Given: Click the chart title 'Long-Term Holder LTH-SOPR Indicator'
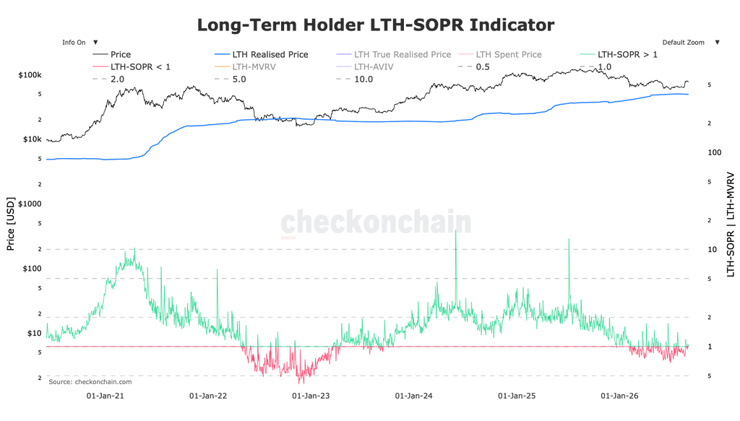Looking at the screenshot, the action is click(376, 25).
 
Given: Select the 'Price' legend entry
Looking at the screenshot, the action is click(112, 55).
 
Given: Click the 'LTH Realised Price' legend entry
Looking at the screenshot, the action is click(262, 55).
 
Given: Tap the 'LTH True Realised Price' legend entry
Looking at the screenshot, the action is click(394, 55).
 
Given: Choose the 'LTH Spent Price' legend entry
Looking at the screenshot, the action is click(500, 55).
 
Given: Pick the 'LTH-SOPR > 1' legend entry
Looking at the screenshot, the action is click(619, 55).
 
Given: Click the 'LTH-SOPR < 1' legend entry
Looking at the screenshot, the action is click(132, 67).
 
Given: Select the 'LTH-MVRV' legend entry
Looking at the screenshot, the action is click(246, 67).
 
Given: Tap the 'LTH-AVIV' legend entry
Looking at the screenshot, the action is click(365, 67).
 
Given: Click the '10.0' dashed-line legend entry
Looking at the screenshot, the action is click(354, 79).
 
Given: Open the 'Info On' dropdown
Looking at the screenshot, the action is click(79, 43).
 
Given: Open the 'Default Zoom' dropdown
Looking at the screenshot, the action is click(691, 43).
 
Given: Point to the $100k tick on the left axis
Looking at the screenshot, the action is click(30, 75).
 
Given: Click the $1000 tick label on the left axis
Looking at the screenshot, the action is click(29, 204).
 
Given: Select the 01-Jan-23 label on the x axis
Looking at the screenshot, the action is click(311, 396).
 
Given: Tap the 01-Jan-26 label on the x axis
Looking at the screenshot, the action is click(619, 396).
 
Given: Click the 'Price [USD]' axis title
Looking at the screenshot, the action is click(10, 224).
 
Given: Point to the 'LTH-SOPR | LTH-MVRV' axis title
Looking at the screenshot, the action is click(731, 225).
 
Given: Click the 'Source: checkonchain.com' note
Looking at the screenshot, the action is click(90, 382).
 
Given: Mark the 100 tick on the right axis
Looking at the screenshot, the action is click(715, 152).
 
